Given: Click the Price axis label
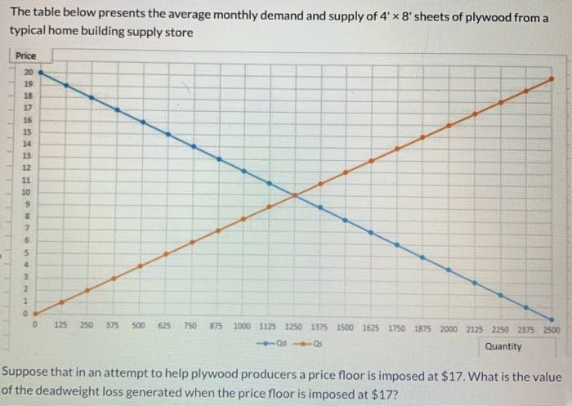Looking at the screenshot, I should pos(26,56).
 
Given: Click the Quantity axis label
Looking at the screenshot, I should pos(503,346).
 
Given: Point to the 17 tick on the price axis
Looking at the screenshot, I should pos(26,106).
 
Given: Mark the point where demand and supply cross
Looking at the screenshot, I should pos(294,194).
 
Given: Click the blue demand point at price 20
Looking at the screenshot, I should pos(40,73).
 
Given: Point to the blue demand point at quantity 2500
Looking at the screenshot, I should pos(552,319).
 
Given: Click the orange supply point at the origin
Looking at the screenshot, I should pos(36,313).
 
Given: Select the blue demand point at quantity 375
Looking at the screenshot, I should pos(117,109).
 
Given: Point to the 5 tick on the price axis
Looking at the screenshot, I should pos(26,252).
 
